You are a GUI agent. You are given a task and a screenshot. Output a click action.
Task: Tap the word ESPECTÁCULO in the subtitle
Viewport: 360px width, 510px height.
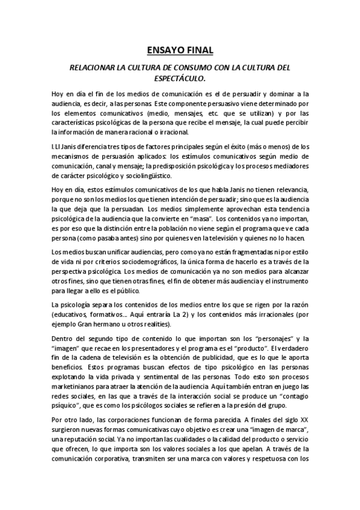click(180, 78)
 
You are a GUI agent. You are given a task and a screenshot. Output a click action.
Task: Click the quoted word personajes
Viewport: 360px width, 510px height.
click(260, 339)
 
